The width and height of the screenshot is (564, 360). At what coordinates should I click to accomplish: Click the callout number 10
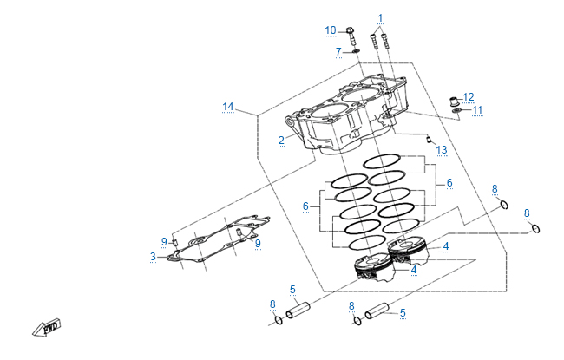coord(331,31)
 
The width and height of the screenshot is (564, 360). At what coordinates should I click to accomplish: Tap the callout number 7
coord(338,52)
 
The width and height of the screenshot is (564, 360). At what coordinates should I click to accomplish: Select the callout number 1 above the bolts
coord(379,17)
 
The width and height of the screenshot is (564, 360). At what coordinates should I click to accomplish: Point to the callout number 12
coord(469,96)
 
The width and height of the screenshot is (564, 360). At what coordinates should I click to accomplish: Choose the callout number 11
coord(477,110)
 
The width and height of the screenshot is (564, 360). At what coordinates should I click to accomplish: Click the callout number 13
coord(442,150)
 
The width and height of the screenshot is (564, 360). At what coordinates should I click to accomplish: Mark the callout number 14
coord(227,107)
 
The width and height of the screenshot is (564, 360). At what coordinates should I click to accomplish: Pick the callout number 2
coord(281,140)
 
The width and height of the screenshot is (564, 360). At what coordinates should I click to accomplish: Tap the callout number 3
coord(153,257)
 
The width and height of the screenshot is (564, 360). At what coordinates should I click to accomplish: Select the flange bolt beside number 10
coord(351,36)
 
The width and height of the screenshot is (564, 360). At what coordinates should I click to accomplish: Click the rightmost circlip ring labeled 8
coord(536,228)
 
